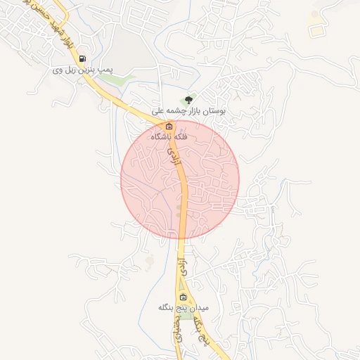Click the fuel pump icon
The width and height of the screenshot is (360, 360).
tap(84, 59)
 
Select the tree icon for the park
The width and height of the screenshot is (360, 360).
tap(187, 100)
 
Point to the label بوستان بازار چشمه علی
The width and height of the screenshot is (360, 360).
tap(188, 111)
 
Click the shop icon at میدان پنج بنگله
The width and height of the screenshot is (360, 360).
tap(184, 297)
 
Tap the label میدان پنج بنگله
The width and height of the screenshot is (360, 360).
tap(184, 308)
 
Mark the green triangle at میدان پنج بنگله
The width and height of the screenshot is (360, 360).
tap(184, 315)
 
